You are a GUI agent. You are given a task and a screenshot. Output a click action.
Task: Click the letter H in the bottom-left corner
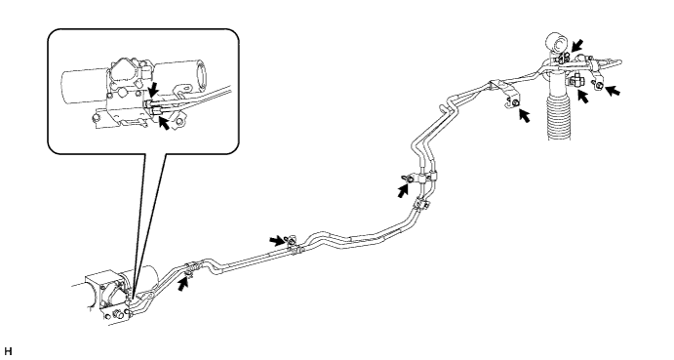9,351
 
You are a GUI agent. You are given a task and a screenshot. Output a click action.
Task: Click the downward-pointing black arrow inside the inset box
152,90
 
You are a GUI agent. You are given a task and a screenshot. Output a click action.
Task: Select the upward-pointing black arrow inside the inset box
164,123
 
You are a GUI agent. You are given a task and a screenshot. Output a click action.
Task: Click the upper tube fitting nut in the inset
149,103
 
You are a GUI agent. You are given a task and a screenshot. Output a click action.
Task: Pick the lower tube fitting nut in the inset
156,111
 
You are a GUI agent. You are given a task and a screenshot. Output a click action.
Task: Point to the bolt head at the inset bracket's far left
95,118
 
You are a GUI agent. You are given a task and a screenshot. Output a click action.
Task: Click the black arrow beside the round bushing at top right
576,45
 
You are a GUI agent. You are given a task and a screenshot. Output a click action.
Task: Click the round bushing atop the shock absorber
557,44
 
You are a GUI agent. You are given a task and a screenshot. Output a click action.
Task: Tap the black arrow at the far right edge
613,91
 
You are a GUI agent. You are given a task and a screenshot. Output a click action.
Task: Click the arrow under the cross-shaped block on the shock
583,97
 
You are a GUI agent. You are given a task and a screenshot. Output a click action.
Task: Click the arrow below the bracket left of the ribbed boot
524,115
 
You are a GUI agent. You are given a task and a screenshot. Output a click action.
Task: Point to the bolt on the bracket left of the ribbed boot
515,101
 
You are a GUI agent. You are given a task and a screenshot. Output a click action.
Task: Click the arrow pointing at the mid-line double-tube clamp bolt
403,190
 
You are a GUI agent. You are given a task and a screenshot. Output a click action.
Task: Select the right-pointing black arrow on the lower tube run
277,240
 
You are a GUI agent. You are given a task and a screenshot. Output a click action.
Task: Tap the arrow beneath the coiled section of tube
184,284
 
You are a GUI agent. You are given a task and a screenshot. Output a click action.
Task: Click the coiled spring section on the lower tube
193,266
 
